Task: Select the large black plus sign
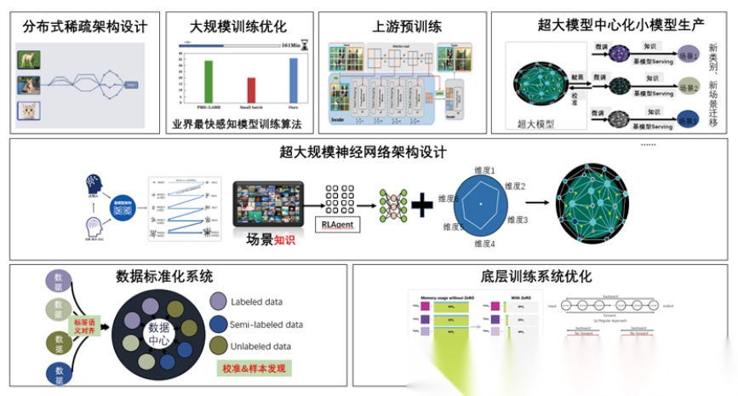[x=422, y=205]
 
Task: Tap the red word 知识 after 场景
[x=284, y=240]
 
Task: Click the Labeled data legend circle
[x=217, y=301]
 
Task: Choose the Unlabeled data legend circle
[x=217, y=346]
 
